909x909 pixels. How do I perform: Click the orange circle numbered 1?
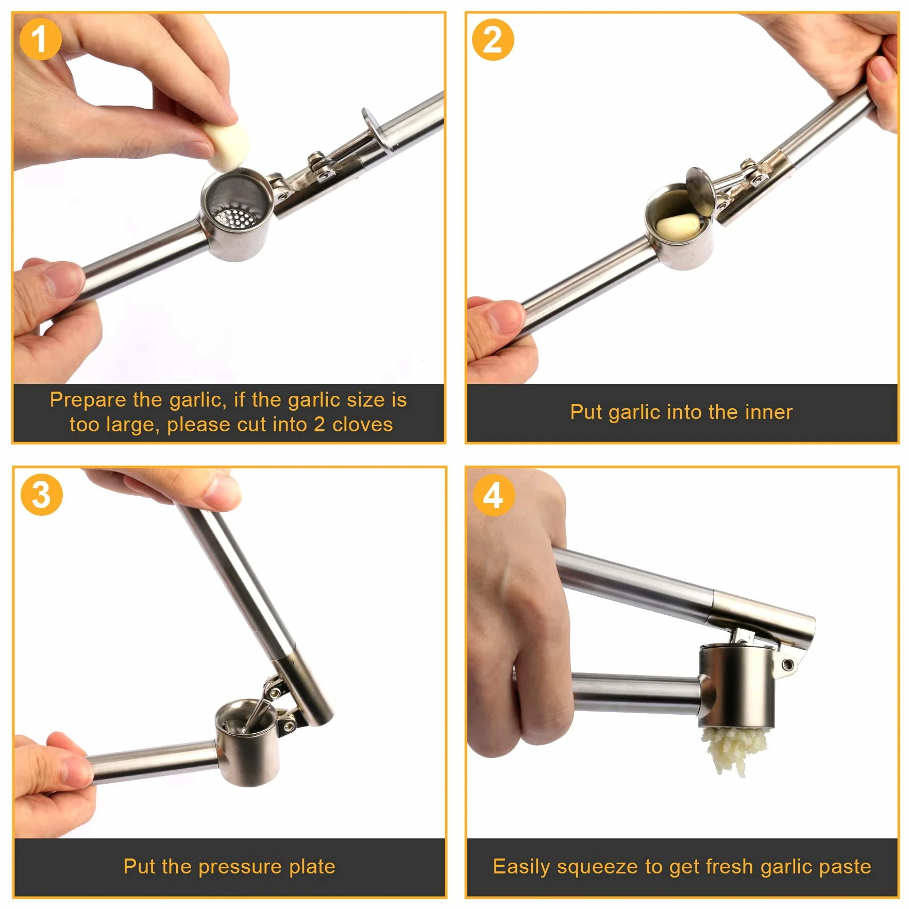pos(40,39)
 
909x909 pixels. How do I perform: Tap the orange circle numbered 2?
pos(493,40)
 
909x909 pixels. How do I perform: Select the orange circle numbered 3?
pos(42,495)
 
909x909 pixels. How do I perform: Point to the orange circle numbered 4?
pos(494,495)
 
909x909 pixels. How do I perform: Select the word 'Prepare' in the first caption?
pos(88,400)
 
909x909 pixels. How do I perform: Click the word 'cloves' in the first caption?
pos(362,425)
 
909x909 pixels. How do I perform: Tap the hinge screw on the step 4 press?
pos(787,664)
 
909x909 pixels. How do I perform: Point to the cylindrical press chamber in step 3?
pos(247,742)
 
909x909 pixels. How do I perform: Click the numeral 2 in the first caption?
pos(319,425)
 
